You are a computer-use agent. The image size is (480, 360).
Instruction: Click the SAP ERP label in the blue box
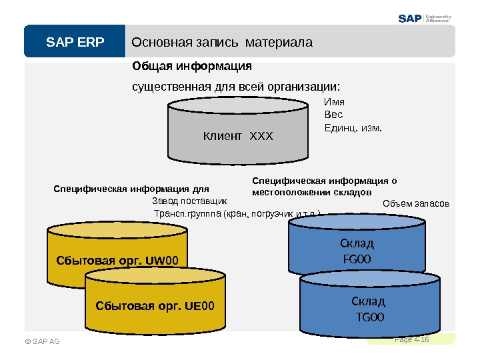click(x=75, y=43)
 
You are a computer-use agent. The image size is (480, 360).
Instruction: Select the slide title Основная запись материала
click(x=222, y=43)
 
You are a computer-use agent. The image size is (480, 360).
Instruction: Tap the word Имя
click(x=334, y=102)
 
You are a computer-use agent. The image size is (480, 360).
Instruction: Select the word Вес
click(x=333, y=114)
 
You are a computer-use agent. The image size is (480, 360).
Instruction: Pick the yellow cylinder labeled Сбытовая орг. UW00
click(x=116, y=257)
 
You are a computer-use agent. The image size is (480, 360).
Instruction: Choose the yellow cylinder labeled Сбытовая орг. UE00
click(x=155, y=306)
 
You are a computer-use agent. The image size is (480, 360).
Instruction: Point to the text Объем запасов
click(x=417, y=203)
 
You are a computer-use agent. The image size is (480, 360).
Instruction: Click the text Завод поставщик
click(x=189, y=200)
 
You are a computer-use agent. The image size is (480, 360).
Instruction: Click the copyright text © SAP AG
click(x=41, y=341)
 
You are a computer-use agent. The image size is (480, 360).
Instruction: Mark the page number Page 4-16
click(x=411, y=339)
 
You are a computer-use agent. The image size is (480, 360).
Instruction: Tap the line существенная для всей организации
click(x=236, y=87)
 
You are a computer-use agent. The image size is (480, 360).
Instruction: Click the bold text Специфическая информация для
click(x=131, y=189)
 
